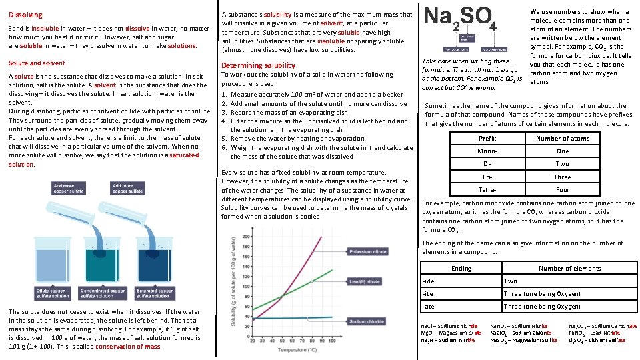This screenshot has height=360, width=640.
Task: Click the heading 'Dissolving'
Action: pyautogui.click(x=25, y=15)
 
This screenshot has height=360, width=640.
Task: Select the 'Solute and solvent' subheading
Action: pyautogui.click(x=37, y=63)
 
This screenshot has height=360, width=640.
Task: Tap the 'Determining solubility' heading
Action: pyautogui.click(x=258, y=65)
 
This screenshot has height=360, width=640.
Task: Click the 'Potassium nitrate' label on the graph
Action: pyautogui.click(x=367, y=252)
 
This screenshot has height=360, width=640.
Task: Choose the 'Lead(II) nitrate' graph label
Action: pyautogui.click(x=365, y=282)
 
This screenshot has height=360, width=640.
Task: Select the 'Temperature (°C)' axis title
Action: pyautogui.click(x=298, y=349)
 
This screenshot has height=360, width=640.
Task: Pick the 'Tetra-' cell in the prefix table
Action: pyautogui.click(x=487, y=190)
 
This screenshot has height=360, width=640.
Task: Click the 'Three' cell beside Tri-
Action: pyautogui.click(x=562, y=177)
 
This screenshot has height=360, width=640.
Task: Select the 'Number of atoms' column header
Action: pyautogui.click(x=562, y=139)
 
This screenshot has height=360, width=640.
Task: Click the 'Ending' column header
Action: pyautogui.click(x=461, y=269)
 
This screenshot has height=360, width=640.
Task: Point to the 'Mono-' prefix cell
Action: pyautogui.click(x=487, y=151)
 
